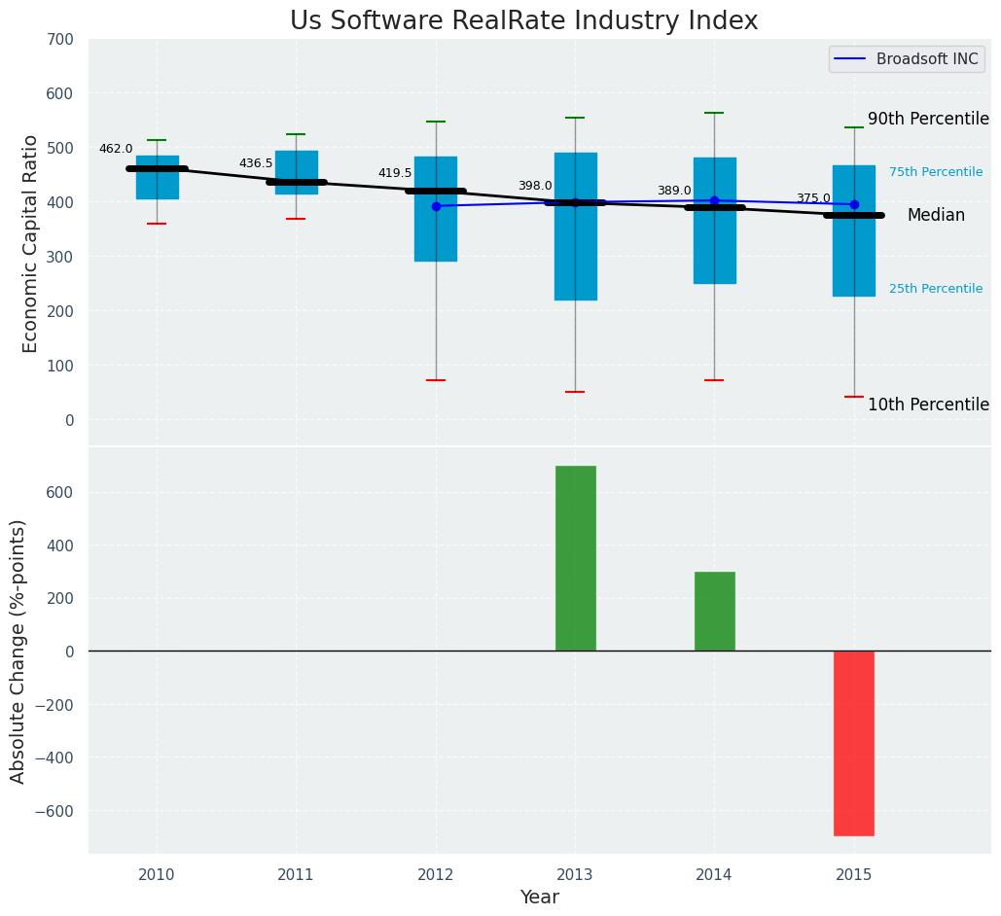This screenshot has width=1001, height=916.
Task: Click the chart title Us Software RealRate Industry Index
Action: click(523, 21)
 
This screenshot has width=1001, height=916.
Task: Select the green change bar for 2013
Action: click(575, 558)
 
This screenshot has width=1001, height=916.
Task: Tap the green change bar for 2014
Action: click(714, 611)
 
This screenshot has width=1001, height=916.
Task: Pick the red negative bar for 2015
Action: click(853, 743)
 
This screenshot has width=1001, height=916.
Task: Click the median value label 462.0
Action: click(116, 150)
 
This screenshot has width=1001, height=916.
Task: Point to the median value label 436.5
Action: click(256, 164)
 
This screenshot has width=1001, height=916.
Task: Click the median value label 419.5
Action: click(395, 174)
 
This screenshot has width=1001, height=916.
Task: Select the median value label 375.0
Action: click(813, 199)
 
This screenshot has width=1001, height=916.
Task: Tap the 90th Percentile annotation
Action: click(928, 120)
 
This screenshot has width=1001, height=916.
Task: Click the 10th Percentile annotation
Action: click(928, 405)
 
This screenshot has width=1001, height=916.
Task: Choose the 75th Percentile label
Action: click(935, 172)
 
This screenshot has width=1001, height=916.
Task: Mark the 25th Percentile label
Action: click(935, 289)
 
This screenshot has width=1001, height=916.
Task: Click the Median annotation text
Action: click(936, 216)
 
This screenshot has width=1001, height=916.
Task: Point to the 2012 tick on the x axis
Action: click(436, 875)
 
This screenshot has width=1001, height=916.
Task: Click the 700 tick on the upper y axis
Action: click(59, 40)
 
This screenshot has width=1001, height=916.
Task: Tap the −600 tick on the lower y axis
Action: click(55, 811)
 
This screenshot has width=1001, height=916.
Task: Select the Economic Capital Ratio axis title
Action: click(31, 243)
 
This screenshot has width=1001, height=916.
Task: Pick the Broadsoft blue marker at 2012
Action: click(436, 206)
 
